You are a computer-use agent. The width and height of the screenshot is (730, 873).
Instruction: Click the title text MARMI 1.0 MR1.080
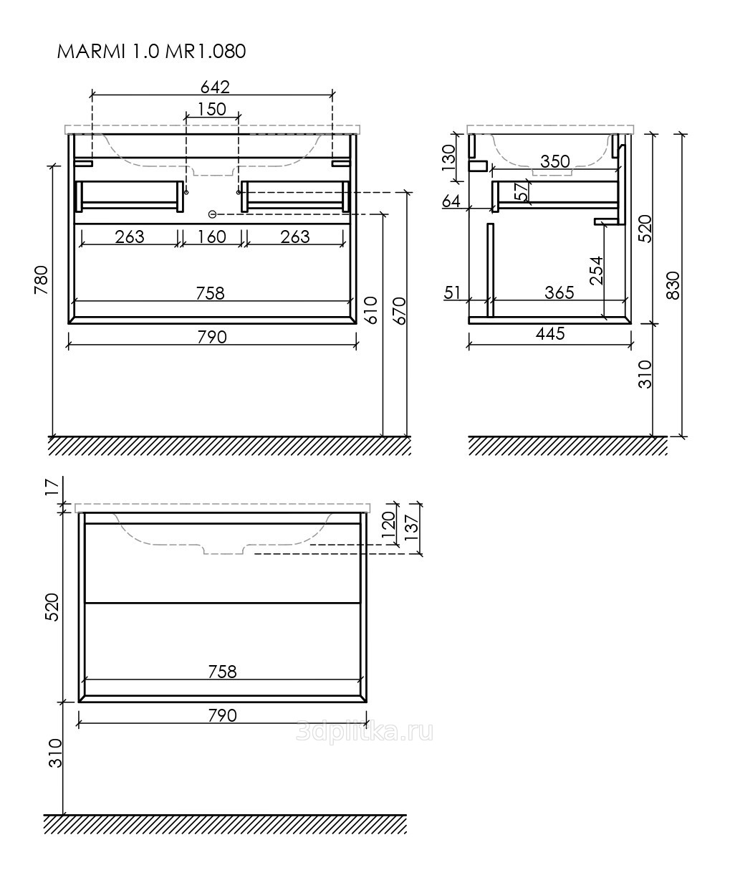[x=151, y=52]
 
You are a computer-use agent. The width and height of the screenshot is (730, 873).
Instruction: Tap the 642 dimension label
[x=215, y=87]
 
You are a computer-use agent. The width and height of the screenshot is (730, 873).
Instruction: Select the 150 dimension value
[x=212, y=109]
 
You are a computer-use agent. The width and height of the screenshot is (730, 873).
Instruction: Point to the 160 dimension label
[x=212, y=237]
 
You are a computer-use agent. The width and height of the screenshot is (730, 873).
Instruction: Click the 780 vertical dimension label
[x=42, y=280]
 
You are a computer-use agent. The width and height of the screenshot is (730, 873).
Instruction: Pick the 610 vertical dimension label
[x=370, y=310]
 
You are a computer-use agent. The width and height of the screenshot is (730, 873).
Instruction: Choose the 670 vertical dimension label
[x=399, y=310]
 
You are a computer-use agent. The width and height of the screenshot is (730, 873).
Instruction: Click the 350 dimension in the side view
[x=555, y=161]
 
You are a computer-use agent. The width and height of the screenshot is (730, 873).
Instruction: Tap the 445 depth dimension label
[x=550, y=333]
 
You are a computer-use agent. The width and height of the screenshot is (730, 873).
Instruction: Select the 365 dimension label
[x=559, y=292]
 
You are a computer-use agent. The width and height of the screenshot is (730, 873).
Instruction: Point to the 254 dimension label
[x=597, y=270]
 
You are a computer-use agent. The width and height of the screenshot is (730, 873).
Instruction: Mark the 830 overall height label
[x=673, y=285]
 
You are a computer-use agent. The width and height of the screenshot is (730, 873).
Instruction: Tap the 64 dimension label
[x=451, y=201]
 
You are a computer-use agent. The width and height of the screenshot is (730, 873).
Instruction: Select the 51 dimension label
[x=452, y=292]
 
